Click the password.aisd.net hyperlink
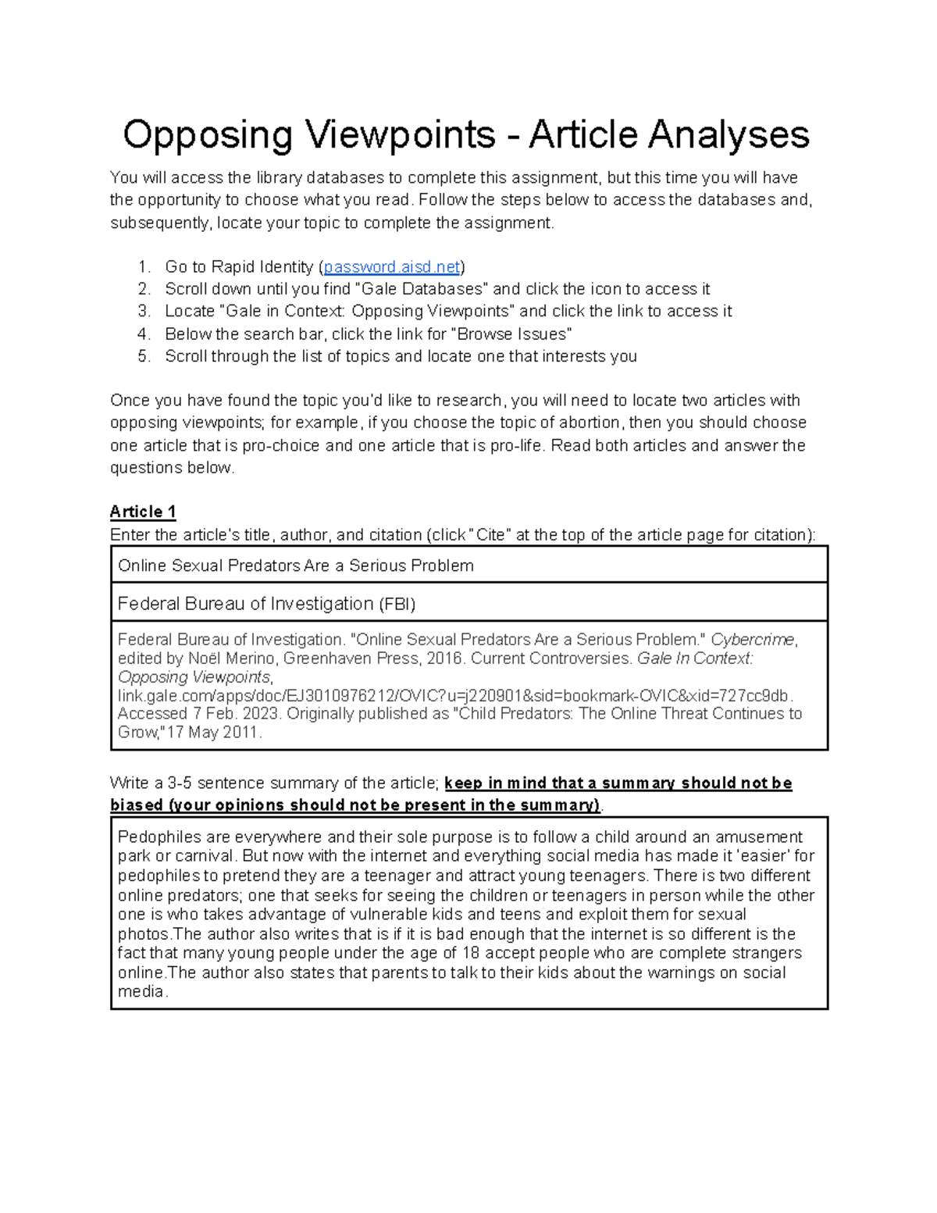tap(392, 267)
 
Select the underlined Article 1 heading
tap(143, 512)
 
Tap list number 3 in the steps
tap(144, 312)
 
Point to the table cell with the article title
tap(468, 565)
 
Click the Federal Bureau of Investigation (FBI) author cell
tap(468, 603)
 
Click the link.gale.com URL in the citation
tap(454, 695)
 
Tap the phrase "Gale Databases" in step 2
tap(422, 289)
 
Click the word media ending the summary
tap(141, 992)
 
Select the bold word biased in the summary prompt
tap(137, 805)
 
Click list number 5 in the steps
tap(144, 357)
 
